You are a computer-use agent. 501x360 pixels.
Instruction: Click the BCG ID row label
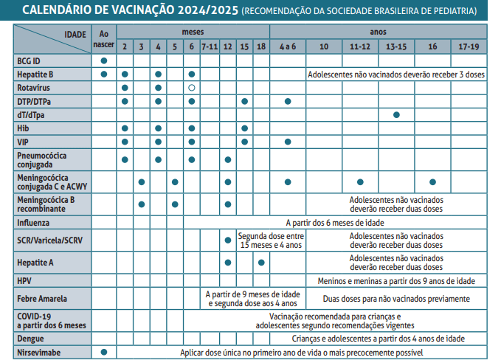[30, 60]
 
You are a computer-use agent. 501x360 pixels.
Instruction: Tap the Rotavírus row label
[33, 87]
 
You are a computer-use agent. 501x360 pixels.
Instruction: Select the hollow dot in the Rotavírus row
[192, 88]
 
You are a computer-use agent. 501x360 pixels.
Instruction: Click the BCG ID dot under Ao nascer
[104, 60]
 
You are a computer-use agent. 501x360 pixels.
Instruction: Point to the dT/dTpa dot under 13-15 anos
[396, 114]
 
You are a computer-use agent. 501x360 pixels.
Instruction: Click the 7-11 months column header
[210, 46]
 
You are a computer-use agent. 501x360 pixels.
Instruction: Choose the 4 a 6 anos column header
[288, 46]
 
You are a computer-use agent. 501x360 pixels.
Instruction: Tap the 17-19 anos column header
[469, 46]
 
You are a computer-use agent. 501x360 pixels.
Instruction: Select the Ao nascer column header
[104, 39]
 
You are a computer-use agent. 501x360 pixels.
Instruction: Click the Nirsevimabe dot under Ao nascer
[104, 352]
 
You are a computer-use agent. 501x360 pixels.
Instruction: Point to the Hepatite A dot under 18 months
[261, 262]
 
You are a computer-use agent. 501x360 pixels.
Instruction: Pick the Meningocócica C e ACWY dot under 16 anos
[432, 181]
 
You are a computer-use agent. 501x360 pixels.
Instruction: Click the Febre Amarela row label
[42, 299]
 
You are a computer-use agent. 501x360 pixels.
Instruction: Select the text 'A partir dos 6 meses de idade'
[334, 221]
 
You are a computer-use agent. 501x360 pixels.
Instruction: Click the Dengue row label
[30, 339]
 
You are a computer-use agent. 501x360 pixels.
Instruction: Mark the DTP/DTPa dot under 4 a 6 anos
[288, 101]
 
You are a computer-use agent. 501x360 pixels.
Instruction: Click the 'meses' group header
[193, 32]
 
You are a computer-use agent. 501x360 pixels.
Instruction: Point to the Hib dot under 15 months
[244, 128]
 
